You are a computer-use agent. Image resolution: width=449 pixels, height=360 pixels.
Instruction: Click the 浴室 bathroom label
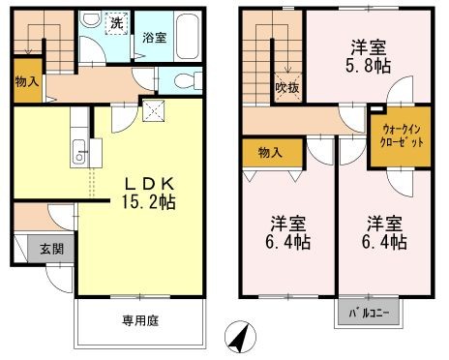pos(155,38)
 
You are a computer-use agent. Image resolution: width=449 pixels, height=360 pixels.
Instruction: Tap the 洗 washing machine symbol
pos(117,22)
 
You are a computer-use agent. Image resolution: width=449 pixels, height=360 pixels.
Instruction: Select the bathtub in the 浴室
pos(188,36)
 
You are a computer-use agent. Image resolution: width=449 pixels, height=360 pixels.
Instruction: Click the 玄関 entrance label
pos(51,249)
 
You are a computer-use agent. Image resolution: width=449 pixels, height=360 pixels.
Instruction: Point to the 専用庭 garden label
pos(140,320)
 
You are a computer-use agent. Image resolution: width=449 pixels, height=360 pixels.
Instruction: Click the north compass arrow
pos(240,338)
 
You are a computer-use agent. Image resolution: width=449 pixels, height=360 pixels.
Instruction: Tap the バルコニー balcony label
pos(369,313)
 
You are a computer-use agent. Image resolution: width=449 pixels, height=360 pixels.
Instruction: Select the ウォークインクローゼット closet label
pos(402,135)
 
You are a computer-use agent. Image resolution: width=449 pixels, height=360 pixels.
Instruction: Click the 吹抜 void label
pos(286,88)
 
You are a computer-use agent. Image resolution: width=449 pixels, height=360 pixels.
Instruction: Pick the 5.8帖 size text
pos(369,66)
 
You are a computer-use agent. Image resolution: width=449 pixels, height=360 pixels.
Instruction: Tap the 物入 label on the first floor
pos(27,81)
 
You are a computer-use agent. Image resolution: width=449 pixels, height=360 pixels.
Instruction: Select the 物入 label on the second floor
pos(270,152)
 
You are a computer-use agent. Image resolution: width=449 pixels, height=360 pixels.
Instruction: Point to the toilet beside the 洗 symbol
pos(91,19)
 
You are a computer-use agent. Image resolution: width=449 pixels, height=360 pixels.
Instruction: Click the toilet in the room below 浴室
pos(188,80)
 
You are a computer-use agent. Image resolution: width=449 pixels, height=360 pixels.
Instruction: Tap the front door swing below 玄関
pos(59,278)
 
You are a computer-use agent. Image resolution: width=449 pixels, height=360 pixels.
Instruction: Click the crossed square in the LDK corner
pos(154,111)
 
